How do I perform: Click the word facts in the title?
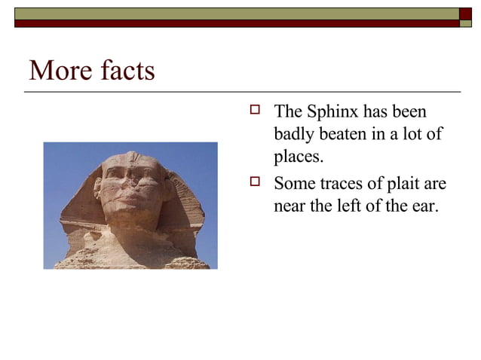[124, 71]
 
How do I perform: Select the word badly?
[295, 135]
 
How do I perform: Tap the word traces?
[346, 184]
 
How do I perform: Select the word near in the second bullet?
[290, 205]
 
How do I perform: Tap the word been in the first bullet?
[409, 112]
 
